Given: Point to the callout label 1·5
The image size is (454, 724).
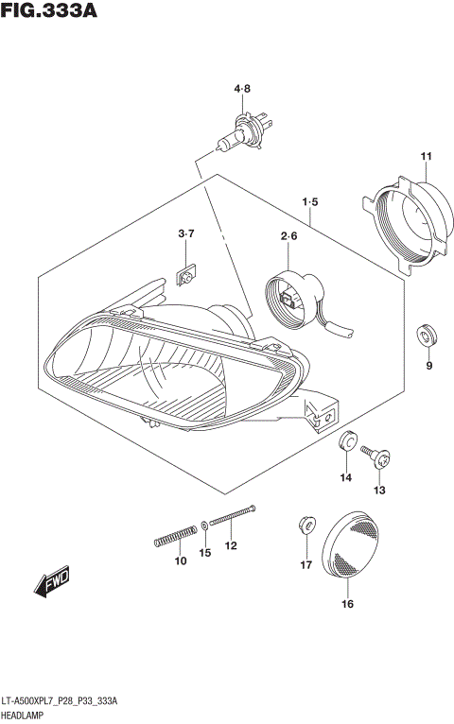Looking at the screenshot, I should click(x=310, y=202).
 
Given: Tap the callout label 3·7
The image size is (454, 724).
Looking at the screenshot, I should click(x=186, y=233).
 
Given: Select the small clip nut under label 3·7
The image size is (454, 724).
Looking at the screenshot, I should click(x=186, y=275).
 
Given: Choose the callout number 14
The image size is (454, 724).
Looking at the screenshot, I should click(x=346, y=478).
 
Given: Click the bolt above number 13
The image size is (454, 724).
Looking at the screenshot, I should click(x=381, y=460).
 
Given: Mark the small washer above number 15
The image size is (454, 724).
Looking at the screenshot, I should click(x=205, y=525).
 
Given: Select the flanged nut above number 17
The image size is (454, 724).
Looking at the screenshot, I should click(x=305, y=522).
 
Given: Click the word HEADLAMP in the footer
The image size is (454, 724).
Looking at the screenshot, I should click(x=26, y=716).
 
